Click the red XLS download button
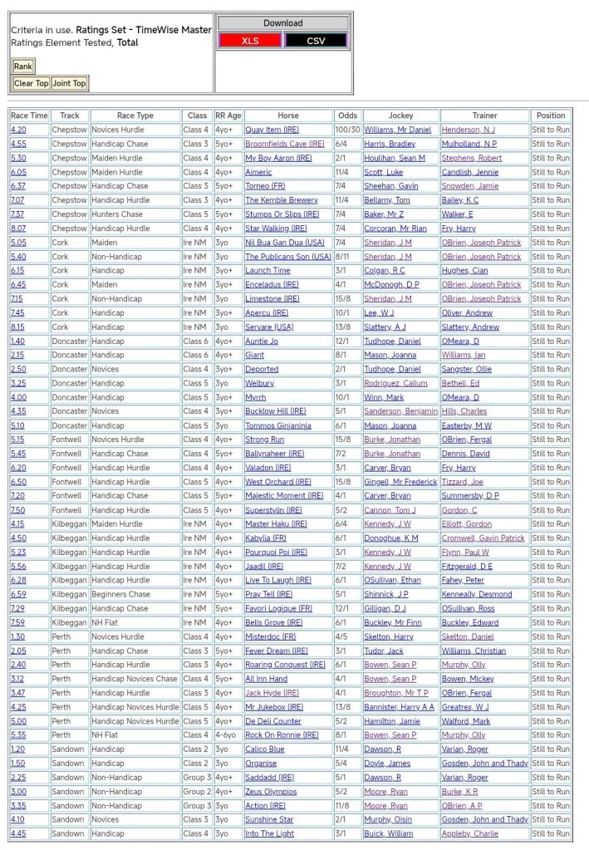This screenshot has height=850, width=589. pos(249,41)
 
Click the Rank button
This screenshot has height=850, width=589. pos(23,66)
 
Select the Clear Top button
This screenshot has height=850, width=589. pos(31,83)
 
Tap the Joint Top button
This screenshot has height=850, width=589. pos(69,83)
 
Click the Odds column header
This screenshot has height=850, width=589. pos(347,115)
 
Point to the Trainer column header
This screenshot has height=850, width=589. pos(484,115)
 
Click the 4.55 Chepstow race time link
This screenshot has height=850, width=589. pos(18,144)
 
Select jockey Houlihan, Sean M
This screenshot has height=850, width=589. pos(394,158)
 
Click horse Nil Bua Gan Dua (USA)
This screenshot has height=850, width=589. pos(284,243)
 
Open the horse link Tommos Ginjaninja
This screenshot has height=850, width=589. pos(277,425)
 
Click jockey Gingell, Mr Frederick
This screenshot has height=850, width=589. pos(399,482)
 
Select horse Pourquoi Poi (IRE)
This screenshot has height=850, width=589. pos(276,553)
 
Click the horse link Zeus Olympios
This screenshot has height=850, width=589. pos(271,792)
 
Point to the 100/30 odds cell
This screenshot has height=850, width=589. pos(347,130)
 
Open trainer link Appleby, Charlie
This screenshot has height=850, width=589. pos(469,833)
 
